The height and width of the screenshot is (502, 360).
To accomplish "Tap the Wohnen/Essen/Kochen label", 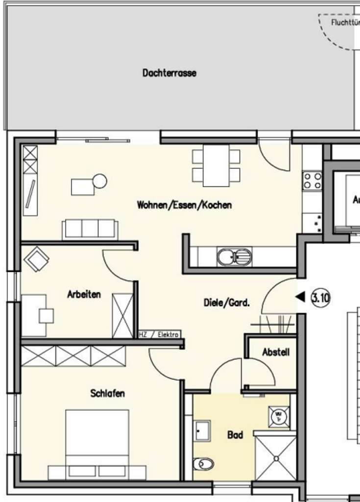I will click(184, 205).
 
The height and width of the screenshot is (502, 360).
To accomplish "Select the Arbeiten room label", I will click(84, 295).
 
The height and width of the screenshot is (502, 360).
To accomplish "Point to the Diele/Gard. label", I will click(227, 303).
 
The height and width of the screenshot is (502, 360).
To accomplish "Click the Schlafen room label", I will click(107, 393).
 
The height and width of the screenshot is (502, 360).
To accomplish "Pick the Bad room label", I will click(235, 435).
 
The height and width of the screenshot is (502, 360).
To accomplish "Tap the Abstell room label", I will click(276, 352).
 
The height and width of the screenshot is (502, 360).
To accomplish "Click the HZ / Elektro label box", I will click(159, 334).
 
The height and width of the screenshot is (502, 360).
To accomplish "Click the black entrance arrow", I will click(300, 297).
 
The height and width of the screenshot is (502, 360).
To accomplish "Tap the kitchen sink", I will click(234, 256).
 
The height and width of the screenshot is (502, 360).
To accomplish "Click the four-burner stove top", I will click(312, 180).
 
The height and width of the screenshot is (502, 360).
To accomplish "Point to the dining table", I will click(216, 166).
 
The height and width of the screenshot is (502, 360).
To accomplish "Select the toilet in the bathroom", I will click(204, 463).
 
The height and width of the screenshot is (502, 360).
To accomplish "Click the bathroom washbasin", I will click(201, 430).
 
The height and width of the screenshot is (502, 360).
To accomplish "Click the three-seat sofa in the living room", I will click(90, 229).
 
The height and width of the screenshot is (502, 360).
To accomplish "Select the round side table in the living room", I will click(99, 181).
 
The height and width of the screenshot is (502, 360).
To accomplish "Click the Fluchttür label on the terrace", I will click(345, 23).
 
